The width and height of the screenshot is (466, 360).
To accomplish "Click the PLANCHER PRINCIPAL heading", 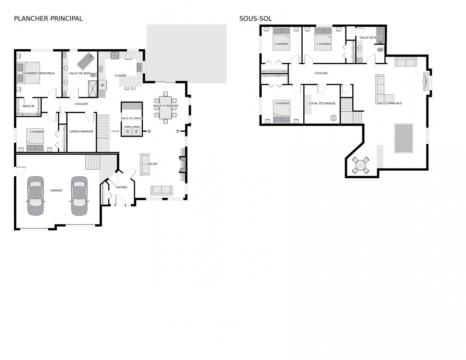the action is tap(48, 19).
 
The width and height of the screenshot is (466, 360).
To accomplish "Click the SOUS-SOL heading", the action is tap(255, 19).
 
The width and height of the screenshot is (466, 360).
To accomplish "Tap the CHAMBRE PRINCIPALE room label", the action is tap(39, 73).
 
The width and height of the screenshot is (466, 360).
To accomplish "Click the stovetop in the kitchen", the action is tap(115, 55).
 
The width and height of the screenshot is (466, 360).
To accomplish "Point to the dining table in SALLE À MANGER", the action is tap(165, 108).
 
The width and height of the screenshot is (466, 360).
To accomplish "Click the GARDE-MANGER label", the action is tap(81, 131).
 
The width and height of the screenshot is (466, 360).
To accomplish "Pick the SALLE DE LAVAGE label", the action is tap(132, 118).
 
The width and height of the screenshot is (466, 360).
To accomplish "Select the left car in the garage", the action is tap(36, 196).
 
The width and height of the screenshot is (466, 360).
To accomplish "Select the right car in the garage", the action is tap(79, 196).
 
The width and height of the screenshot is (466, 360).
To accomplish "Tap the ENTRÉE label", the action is tap(122, 187).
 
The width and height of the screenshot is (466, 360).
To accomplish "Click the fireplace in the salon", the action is tap(182, 164).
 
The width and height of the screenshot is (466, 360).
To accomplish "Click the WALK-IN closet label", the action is tap(28, 106).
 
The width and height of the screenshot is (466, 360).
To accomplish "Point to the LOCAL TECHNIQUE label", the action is tap(322, 103).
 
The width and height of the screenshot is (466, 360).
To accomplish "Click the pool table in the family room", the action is tap(404, 138).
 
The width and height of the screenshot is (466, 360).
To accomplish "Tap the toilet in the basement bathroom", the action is tap(380, 50).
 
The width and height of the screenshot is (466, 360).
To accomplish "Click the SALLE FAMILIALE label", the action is tap(390, 103).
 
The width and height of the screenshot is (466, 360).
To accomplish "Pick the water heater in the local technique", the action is tap(333, 118).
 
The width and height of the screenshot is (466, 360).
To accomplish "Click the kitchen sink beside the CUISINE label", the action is tap(140, 67).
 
